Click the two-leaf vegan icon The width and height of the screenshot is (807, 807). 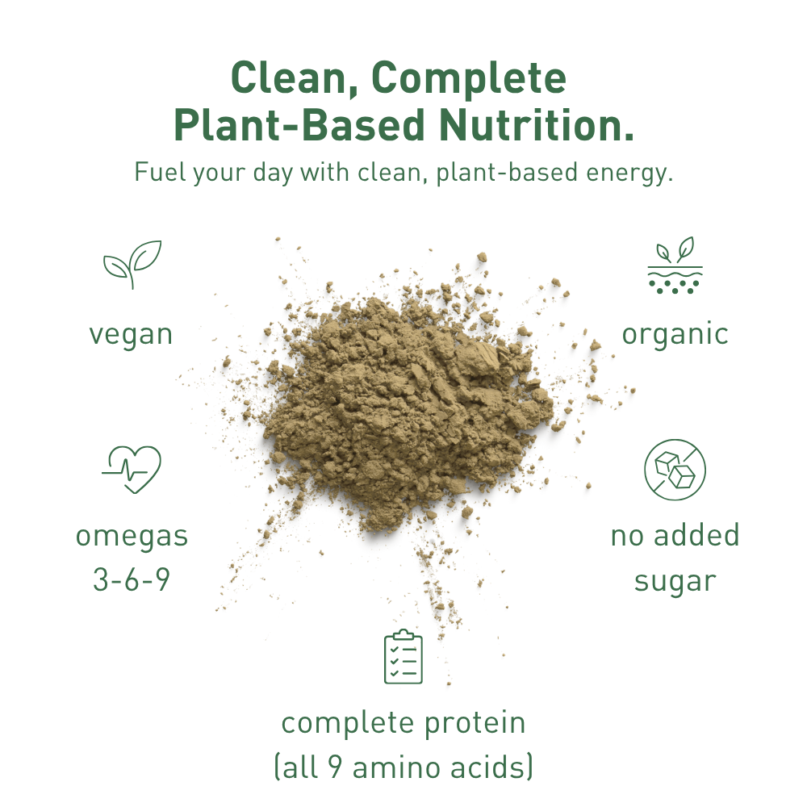tap(132, 263)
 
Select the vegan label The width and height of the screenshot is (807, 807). tap(131, 334)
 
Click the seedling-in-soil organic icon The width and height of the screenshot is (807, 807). tap(675, 266)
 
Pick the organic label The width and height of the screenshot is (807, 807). tap(675, 334)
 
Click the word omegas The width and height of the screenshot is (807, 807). tap(132, 536)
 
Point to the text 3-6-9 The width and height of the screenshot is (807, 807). tap(132, 579)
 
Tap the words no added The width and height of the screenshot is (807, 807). tap(675, 536)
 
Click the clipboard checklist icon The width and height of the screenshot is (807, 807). tap(403, 658)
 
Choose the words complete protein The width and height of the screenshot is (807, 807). tap(403, 723)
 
